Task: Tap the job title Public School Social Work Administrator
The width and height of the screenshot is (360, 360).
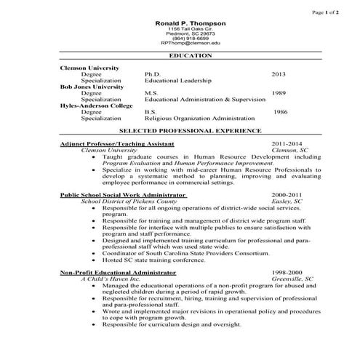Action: [x=123, y=195]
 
